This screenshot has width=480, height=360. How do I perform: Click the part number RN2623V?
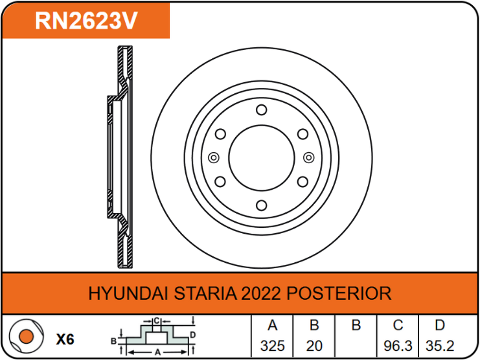(x=86, y=21)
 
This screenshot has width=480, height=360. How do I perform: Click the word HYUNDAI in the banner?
(x=128, y=293)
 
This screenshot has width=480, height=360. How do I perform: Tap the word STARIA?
(x=205, y=293)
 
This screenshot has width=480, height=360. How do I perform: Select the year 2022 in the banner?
(x=261, y=293)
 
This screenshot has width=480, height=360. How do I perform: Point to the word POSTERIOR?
(x=339, y=293)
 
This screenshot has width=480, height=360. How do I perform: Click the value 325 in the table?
(x=273, y=346)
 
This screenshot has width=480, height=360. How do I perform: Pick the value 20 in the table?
(x=314, y=346)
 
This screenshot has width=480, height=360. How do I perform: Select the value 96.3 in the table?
(x=398, y=346)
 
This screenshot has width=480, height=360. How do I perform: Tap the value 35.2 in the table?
(x=440, y=346)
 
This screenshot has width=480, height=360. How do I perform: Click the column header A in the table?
(x=273, y=325)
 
